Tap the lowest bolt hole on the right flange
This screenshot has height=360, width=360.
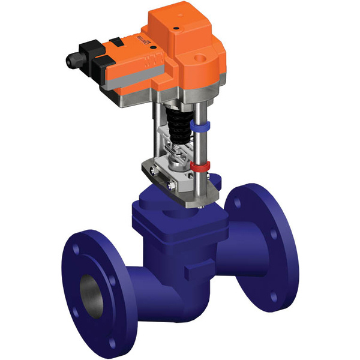[x=274, y=298]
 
